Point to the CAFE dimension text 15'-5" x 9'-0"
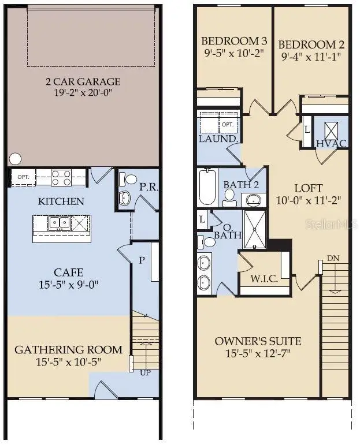(69, 285)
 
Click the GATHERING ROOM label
(68, 349)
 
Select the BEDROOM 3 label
(233, 42)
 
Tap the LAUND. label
(218, 139)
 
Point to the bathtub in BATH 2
(207, 186)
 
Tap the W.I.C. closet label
(264, 279)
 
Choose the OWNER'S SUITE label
(258, 341)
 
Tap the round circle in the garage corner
(16, 158)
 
